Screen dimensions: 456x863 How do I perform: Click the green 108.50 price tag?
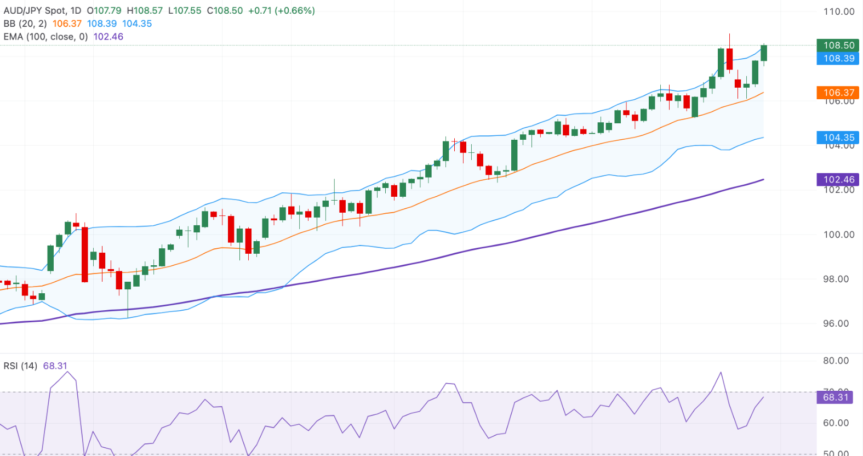pos(838,45)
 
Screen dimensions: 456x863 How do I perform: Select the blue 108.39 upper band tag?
pos(838,59)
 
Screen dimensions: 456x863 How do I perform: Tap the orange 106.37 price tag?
pos(838,93)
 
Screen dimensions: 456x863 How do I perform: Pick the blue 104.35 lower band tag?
pos(838,138)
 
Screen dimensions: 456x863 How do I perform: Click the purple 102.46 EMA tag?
pos(838,179)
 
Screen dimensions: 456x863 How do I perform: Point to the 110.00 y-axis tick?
pos(838,12)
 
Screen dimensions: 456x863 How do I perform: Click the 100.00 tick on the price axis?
pos(838,235)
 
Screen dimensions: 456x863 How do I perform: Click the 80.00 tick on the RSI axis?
pos(836,361)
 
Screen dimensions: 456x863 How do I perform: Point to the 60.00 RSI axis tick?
pos(836,423)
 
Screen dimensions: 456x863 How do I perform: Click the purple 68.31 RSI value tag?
pos(835,397)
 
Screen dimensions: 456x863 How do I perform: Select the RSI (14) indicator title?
pos(20,366)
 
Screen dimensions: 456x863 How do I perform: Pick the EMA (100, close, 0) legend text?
pos(45,37)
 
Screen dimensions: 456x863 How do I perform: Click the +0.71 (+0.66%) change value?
pos(281,11)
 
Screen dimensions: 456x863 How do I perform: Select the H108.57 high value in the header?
pos(145,11)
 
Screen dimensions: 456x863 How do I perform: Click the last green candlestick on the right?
pos(764,53)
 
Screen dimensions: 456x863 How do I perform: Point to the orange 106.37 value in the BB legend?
pos(67,24)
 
